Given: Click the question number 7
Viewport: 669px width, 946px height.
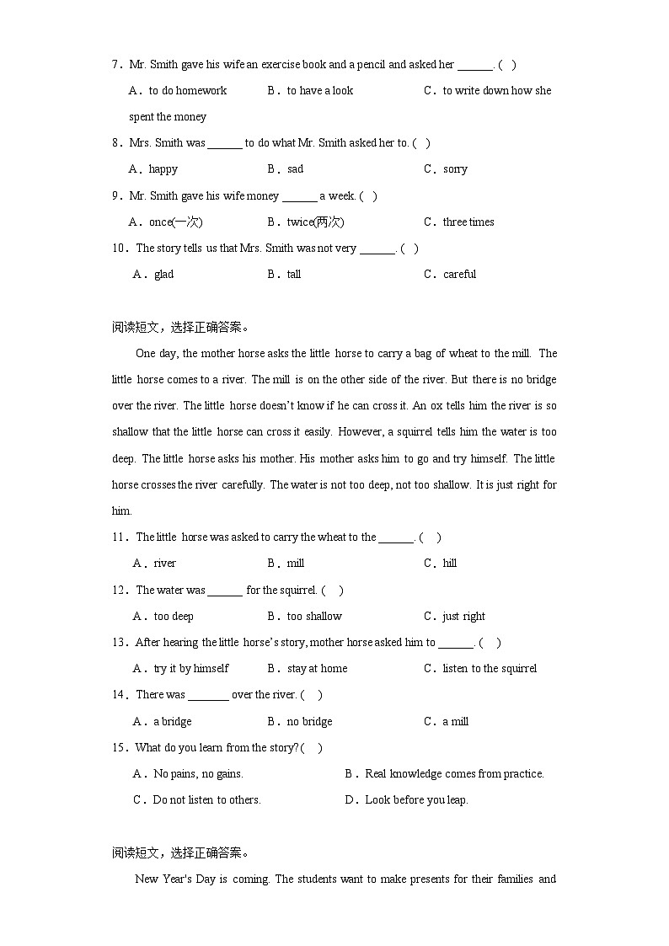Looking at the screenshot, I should (x=115, y=65).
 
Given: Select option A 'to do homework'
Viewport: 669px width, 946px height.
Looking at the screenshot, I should (x=187, y=91).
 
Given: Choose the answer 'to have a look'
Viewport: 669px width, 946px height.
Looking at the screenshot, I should (x=319, y=91).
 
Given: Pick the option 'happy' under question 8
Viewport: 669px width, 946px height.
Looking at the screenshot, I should (x=163, y=169).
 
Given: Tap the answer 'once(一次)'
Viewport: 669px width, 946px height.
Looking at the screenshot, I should (x=175, y=222).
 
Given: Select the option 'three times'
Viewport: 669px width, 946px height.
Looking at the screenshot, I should (x=468, y=222).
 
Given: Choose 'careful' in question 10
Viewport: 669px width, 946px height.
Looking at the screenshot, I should (x=459, y=275).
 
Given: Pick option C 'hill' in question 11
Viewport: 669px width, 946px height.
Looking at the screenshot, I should (x=450, y=564).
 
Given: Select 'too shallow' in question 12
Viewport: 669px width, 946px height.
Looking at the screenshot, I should (x=314, y=617).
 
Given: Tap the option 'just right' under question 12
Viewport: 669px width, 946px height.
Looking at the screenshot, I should (x=463, y=617).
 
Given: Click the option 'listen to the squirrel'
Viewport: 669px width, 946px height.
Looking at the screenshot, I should (x=490, y=669).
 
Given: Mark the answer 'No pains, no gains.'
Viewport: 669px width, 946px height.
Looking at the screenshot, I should (x=198, y=774).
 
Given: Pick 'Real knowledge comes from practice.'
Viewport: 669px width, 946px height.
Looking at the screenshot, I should (x=454, y=774).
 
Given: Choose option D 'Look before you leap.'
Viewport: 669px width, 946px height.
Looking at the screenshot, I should (x=416, y=800).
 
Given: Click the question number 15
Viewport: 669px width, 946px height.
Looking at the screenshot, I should (x=118, y=748).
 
